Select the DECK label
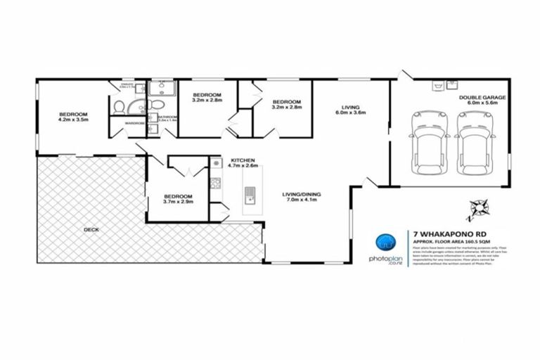point(91,229)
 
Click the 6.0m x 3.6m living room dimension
point(352,113)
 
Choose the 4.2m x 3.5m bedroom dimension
point(73,120)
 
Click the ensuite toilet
point(120,108)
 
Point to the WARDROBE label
point(134,124)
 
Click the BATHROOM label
point(167,117)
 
